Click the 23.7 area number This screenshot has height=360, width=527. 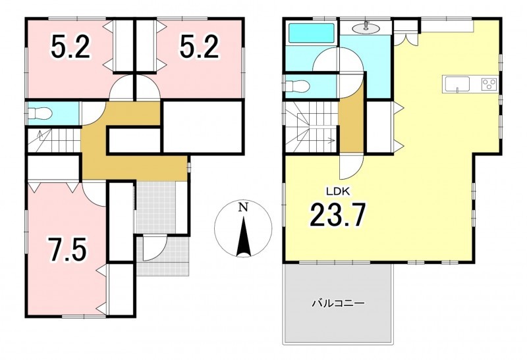[337, 215]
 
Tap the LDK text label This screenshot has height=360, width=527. [339, 192]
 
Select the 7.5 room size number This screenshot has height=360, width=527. [68, 249]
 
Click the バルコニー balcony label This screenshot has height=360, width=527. [339, 304]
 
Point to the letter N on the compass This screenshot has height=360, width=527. [243, 207]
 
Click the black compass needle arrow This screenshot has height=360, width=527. [243, 236]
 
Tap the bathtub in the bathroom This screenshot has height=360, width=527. [312, 32]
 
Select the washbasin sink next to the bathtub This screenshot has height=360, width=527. [365, 28]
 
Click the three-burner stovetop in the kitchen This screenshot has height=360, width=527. [489, 84]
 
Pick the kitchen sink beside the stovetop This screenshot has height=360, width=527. [457, 84]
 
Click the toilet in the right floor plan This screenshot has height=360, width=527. [297, 86]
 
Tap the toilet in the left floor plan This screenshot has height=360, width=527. [40, 113]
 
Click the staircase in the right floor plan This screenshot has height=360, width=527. [311, 127]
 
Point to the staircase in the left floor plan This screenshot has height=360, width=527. [54, 140]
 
